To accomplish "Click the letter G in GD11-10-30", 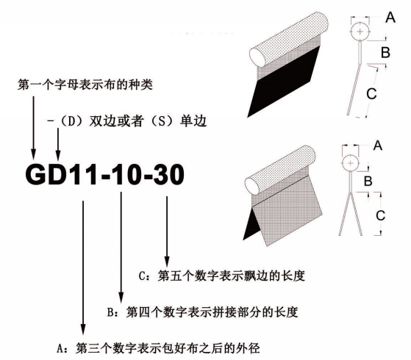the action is point(35,175).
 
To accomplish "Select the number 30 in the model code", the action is point(168,175).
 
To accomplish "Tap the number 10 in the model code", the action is point(126,175).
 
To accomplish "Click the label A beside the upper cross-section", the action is point(390,18).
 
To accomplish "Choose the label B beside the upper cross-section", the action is point(385,52).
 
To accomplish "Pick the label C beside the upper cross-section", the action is point(371,93).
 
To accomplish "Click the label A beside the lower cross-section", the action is point(378,145).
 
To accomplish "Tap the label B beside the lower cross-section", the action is point(368,181).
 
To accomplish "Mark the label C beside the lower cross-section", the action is point(380,215).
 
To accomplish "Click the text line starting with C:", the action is point(222,276).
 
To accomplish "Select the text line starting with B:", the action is point(203,312).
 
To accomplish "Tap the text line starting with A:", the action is point(158,348).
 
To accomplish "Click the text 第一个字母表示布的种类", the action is point(85,84).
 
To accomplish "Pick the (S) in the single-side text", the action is point(162,121).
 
